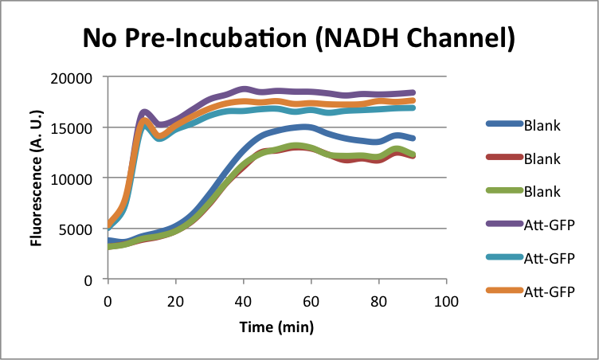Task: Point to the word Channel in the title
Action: [x=458, y=37]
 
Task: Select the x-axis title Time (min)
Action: [x=276, y=327]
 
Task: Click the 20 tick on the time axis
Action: [x=175, y=301]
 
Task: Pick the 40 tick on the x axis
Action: [x=243, y=301]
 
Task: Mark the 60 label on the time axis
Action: [x=311, y=301]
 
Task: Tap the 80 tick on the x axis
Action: [x=378, y=301]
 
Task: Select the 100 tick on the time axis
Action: [x=446, y=301]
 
